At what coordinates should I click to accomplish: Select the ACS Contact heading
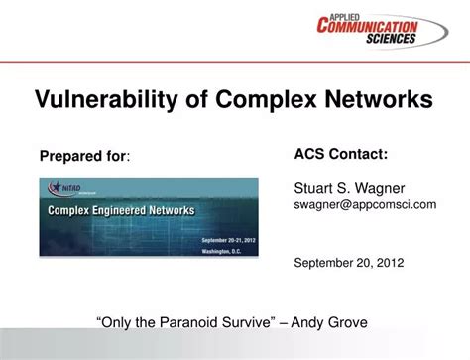[x=340, y=155]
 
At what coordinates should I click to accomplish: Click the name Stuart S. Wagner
[x=342, y=186]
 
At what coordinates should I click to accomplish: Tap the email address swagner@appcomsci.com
[x=364, y=203]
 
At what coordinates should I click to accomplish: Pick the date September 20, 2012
[x=348, y=265]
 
